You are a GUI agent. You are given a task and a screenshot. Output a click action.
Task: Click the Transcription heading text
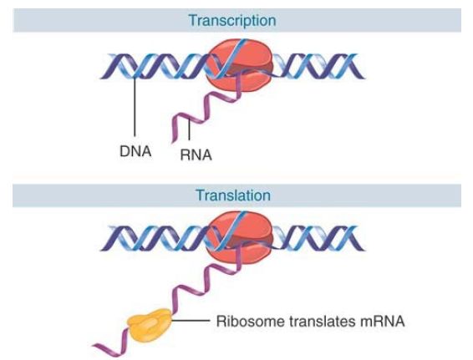[232, 21]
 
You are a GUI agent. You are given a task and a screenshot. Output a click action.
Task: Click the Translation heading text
[233, 195]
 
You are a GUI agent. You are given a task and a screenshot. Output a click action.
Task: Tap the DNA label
[135, 151]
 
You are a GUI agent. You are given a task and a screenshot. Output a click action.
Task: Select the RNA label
[196, 155]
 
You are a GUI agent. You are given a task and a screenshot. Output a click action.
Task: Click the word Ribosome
[251, 321]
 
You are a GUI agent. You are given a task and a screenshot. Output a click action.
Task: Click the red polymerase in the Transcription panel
[239, 65]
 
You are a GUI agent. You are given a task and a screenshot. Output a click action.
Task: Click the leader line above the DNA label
[135, 106]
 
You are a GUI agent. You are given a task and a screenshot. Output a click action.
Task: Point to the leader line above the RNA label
[189, 129]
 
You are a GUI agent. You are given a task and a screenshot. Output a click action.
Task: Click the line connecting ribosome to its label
[191, 321]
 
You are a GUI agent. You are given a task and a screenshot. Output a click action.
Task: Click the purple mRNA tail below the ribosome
[112, 345]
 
